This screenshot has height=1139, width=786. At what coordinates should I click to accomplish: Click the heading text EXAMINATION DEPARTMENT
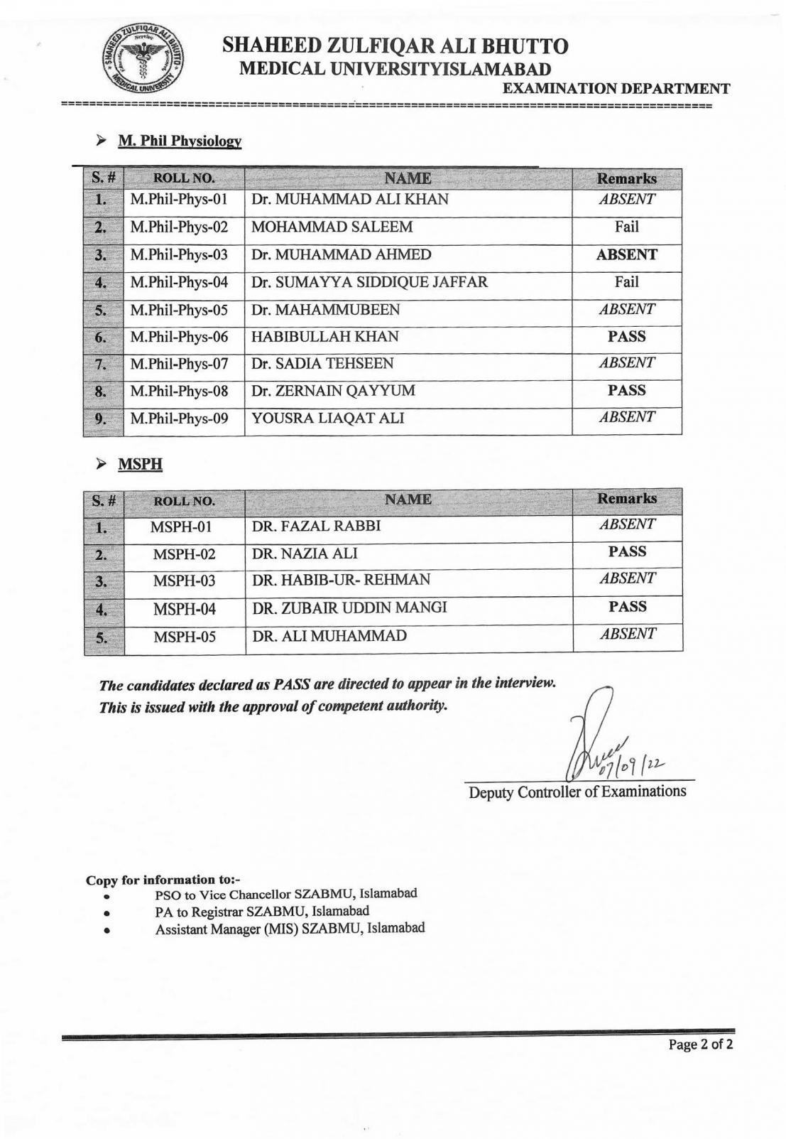616,89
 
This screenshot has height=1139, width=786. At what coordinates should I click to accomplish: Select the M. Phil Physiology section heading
180,141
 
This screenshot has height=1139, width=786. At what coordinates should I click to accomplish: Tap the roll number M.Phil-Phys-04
179,282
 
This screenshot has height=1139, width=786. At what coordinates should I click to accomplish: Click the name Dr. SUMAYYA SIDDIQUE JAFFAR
369,282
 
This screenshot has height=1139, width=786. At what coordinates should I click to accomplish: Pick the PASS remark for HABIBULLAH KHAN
626,336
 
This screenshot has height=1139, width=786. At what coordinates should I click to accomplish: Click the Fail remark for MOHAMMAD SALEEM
626,227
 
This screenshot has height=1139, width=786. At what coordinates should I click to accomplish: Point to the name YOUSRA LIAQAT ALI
327,418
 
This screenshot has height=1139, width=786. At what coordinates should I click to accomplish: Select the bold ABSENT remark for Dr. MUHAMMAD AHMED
626,254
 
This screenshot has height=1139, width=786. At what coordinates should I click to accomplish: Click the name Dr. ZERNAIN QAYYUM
333,391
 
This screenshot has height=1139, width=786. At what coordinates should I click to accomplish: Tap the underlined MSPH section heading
140,464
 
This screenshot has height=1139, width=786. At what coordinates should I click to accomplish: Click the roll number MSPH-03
184,581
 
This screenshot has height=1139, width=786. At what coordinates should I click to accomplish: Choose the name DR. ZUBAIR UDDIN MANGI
349,608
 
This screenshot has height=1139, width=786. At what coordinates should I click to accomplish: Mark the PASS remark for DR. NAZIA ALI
627,551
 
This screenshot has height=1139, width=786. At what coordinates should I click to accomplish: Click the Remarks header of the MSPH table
626,498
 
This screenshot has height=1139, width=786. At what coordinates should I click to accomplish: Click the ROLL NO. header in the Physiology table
184,178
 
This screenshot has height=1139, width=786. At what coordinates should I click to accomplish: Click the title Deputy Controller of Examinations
577,791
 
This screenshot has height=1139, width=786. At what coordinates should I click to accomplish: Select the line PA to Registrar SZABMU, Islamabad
262,911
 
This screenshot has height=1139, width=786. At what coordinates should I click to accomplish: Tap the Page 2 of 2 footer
700,1044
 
